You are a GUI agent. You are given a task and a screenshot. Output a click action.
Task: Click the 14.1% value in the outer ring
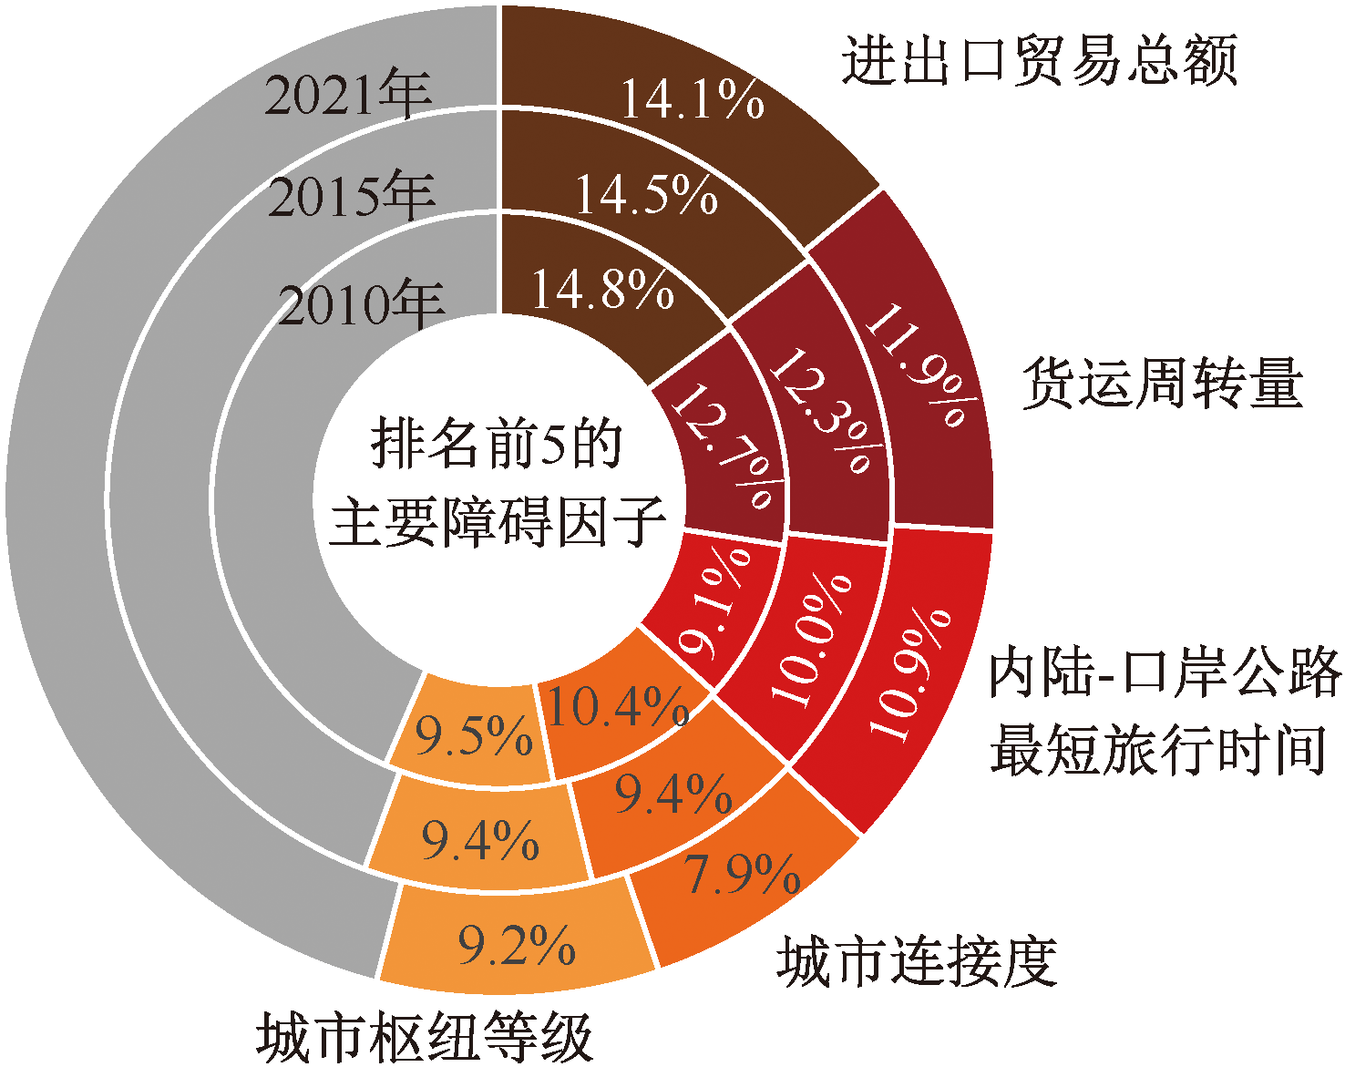pos(692,98)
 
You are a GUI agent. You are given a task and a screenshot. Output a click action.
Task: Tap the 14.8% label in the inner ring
pos(602,290)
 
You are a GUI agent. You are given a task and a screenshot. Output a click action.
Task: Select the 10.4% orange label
pos(617,706)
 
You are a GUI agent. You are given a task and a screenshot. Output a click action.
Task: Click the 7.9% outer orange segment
pos(742,875)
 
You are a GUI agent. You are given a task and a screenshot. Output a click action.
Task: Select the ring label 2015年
pos(352,196)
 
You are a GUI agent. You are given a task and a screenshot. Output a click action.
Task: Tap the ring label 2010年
pos(361,304)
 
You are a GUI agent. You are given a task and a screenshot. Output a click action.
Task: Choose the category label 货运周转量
pos(1162,383)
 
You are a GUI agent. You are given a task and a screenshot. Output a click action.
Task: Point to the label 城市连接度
pos(916,961)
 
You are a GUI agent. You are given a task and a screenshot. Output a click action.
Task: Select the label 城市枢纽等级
pos(425,1037)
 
